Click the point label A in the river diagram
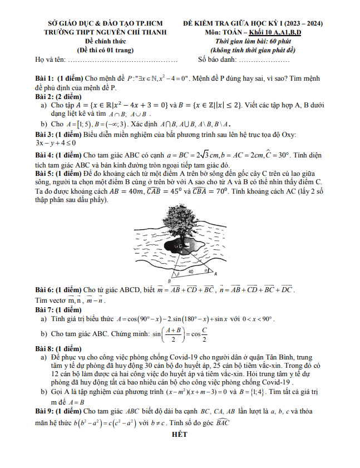click(x=215, y=274)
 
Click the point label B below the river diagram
click(x=169, y=282)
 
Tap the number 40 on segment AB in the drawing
click(x=190, y=272)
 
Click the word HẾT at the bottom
click(x=179, y=435)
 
